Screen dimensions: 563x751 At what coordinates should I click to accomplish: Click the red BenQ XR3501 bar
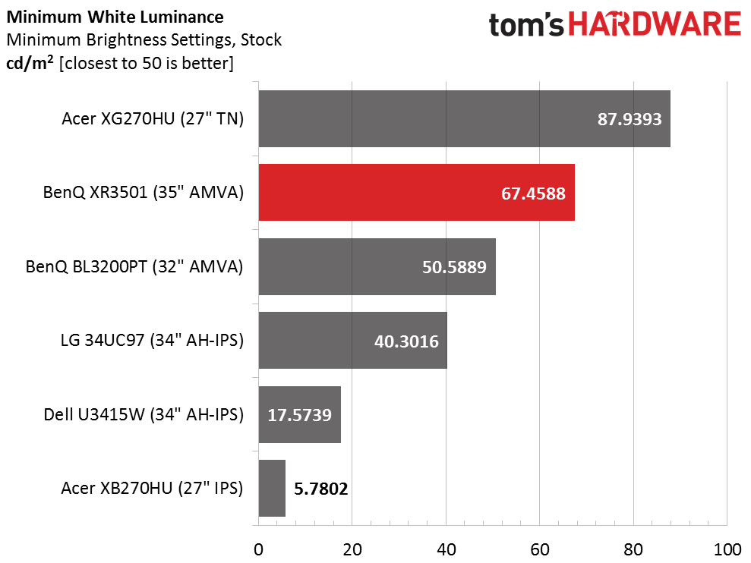tap(416, 193)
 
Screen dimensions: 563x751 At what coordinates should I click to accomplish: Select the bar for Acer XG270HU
tap(464, 118)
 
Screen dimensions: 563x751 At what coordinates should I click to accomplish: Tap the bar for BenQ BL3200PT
tap(377, 266)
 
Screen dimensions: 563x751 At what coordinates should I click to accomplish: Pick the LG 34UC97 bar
tap(352, 341)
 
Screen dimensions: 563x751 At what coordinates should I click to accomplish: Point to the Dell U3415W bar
tap(299, 414)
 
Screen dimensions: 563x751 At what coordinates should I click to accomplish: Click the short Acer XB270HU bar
tap(272, 488)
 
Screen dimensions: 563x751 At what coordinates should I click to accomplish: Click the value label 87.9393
tap(630, 119)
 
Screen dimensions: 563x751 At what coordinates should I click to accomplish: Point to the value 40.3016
tap(406, 341)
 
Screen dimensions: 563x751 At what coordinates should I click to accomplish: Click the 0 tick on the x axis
tap(258, 549)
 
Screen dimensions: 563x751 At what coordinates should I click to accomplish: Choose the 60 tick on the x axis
tap(539, 549)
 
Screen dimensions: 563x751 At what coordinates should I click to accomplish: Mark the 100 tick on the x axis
tap(727, 549)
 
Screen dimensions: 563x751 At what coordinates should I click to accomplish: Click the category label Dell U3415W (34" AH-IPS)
tap(144, 414)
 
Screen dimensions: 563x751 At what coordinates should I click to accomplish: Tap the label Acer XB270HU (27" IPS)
tap(152, 488)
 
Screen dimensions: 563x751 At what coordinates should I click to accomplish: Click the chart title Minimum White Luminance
tap(115, 17)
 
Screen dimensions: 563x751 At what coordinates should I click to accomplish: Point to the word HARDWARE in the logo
tap(655, 24)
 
